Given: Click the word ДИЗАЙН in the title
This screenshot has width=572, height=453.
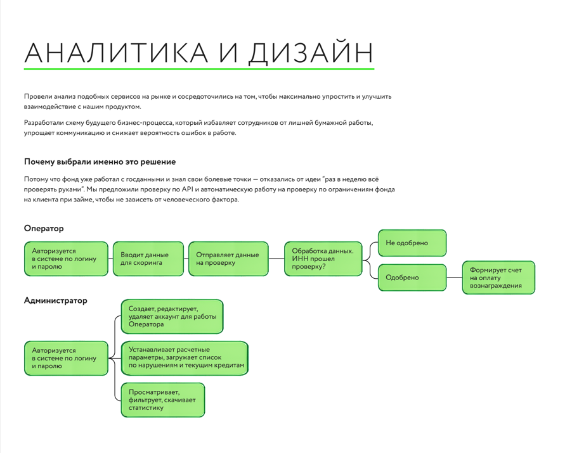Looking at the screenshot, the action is (311, 53).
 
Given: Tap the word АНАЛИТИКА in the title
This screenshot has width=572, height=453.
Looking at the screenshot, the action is (117, 53).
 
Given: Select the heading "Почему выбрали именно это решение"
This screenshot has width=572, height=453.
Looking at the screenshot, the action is (100, 162).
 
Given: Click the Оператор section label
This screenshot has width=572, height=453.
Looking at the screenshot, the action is (44, 229).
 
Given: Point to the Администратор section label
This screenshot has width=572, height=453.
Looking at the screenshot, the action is (55, 300).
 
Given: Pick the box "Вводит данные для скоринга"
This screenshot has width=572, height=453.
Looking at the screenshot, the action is (148, 258).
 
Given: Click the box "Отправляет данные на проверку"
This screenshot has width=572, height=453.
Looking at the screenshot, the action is (228, 258).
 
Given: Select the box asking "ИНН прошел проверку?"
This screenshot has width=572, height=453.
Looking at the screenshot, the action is (323, 258).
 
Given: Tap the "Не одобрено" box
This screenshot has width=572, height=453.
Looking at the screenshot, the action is (412, 243).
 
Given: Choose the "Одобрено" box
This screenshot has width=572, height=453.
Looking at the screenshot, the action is (412, 278).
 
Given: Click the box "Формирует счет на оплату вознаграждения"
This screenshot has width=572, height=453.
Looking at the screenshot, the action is (498, 278).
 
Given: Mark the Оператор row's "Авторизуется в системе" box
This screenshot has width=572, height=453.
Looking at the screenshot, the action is (66, 258).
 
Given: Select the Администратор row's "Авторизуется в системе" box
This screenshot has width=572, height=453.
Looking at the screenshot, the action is (66, 358).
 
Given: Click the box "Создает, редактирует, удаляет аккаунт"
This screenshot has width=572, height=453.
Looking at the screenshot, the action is (172, 317).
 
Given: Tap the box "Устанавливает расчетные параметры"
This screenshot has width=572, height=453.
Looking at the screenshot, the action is (185, 358).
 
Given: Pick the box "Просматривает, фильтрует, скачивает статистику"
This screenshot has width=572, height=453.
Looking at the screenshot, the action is (163, 400).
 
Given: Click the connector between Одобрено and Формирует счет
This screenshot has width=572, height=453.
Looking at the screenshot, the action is (454, 278).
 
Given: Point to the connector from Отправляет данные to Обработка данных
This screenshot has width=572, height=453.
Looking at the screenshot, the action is (276, 258).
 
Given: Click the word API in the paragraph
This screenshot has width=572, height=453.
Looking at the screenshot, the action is (188, 189).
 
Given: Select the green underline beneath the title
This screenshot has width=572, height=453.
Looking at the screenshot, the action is (199, 68).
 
